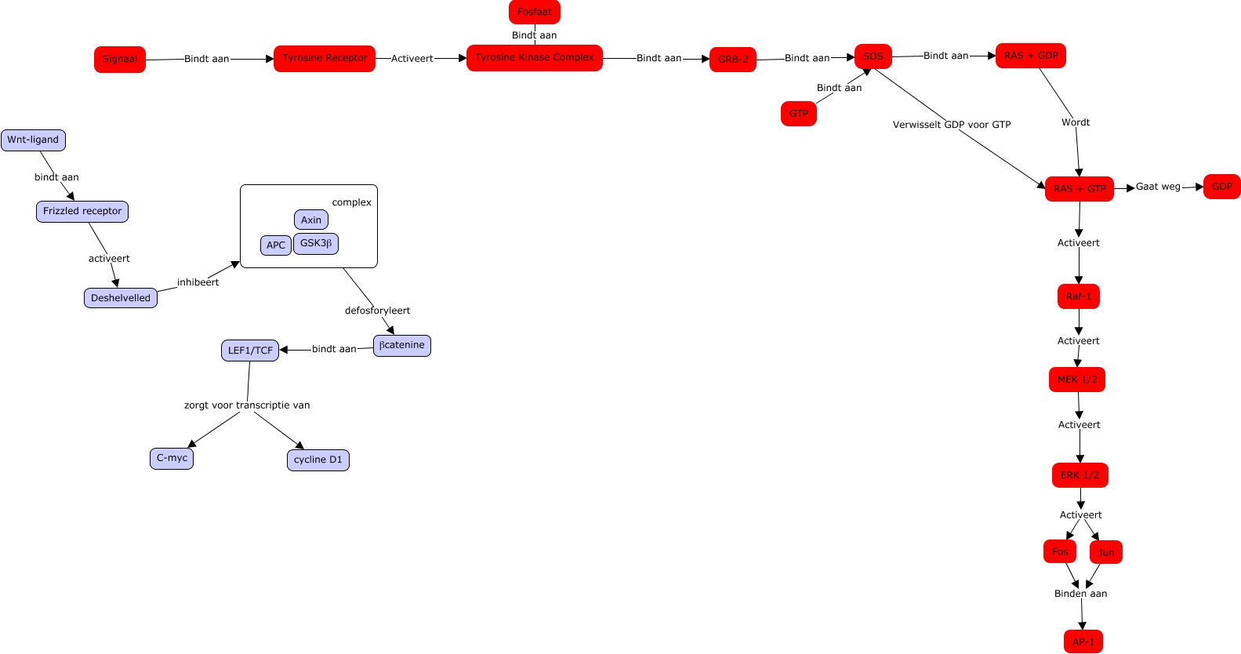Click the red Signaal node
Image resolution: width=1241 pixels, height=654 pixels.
120,60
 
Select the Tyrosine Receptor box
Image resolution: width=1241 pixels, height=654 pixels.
325,58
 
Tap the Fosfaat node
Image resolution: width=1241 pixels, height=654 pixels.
535,12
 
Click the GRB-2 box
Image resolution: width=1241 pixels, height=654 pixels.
733,60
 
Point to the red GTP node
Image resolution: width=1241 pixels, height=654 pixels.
799,114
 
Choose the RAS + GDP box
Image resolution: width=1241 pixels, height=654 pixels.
1031,56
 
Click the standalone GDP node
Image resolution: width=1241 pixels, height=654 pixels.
1222,187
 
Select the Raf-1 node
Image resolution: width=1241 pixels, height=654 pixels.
1079,296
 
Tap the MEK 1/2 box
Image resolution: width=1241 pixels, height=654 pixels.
1077,380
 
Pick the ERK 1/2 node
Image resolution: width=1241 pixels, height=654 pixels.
1080,475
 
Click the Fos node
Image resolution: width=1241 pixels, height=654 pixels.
1060,552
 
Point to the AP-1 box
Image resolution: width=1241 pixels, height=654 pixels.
1083,641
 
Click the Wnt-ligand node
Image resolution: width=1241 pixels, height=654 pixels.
33,140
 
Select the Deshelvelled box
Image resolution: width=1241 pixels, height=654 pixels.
121,298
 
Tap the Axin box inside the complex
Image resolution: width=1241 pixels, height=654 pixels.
311,220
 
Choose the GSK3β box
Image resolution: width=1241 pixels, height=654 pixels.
316,244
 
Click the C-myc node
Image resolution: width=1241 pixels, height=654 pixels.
172,459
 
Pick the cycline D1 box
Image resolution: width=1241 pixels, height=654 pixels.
318,460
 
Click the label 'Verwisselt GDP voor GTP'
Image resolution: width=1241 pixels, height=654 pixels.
952,125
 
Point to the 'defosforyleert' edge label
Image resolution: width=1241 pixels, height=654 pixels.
377,311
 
